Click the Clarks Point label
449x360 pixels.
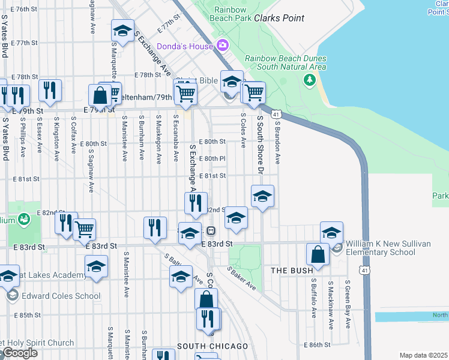(x=279, y=19)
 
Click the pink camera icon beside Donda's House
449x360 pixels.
(x=223, y=46)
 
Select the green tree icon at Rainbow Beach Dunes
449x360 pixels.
(x=310, y=79)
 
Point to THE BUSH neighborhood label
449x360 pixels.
(x=292, y=271)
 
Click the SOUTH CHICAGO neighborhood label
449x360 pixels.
(x=212, y=346)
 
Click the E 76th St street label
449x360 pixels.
(x=25, y=10)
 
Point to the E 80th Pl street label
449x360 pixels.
(x=213, y=158)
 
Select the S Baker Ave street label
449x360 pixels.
(x=242, y=280)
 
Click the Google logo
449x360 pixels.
(x=19, y=353)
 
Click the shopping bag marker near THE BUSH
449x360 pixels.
(x=318, y=254)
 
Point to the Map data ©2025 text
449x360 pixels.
(x=423, y=355)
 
